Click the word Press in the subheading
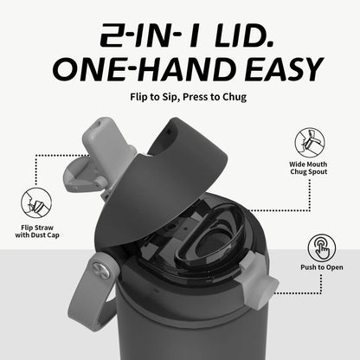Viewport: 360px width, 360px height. pos(191,95)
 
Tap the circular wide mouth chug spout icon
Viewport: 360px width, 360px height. pos(309,141)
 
